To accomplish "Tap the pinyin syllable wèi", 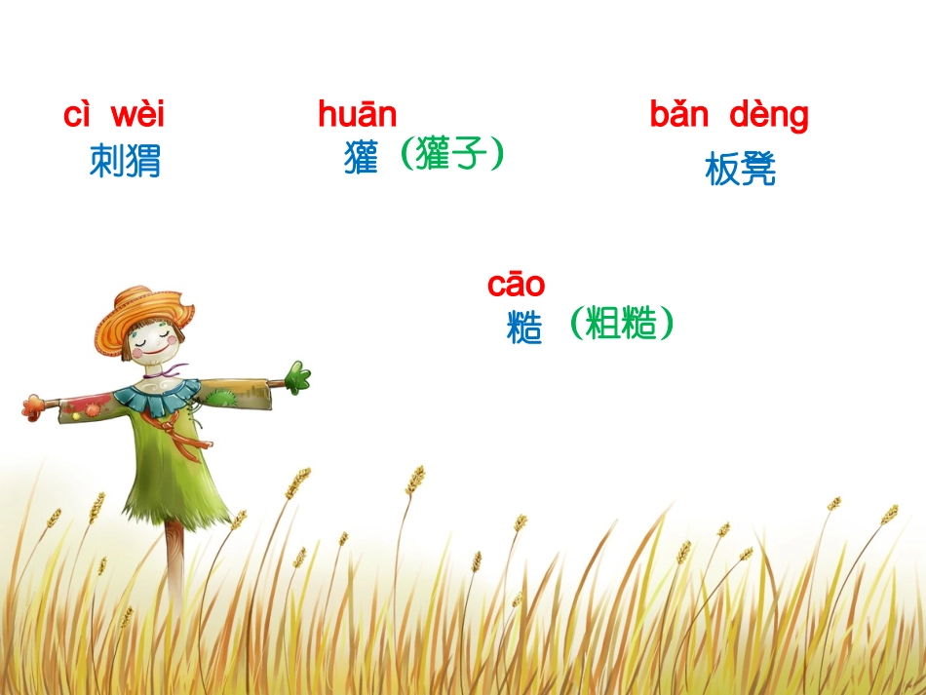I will pos(137,115).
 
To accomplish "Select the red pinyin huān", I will pos(357,115).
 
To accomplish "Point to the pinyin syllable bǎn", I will pos(678,115).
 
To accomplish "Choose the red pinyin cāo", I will pos(516,285).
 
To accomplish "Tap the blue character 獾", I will pos(361,158).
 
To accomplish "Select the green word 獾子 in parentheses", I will pos(451,154).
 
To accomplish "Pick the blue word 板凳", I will pos(740,171).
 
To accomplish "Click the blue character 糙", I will pos(524,328).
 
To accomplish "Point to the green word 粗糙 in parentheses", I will pos(622,323).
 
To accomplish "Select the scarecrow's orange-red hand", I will pos(34,405).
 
